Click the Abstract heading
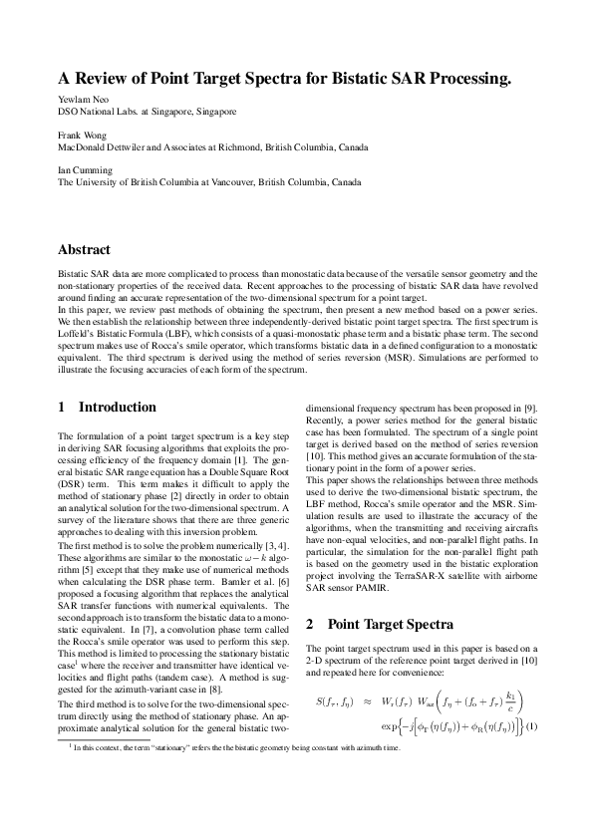tap(85, 250)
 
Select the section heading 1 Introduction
tap(107, 408)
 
